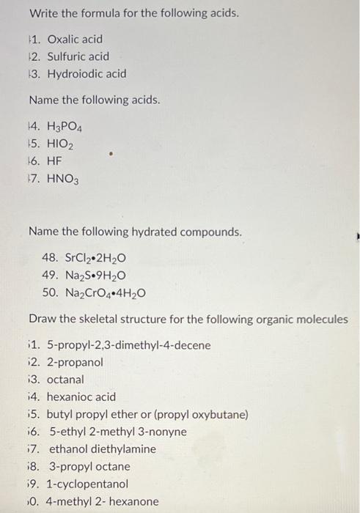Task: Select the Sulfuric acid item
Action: [78, 56]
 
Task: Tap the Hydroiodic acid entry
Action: [86, 74]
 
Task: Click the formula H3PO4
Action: [67, 127]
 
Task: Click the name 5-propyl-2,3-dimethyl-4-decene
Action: [128, 344]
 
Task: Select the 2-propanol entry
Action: [75, 362]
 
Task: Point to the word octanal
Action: [65, 380]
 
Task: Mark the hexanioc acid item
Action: [81, 397]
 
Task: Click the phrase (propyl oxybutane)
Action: [200, 415]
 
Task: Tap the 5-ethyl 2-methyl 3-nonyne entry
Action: [117, 432]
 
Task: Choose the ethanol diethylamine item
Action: [101, 449]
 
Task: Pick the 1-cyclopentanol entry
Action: [87, 484]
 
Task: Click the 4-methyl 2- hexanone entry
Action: [103, 501]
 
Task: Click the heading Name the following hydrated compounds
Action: [134, 232]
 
